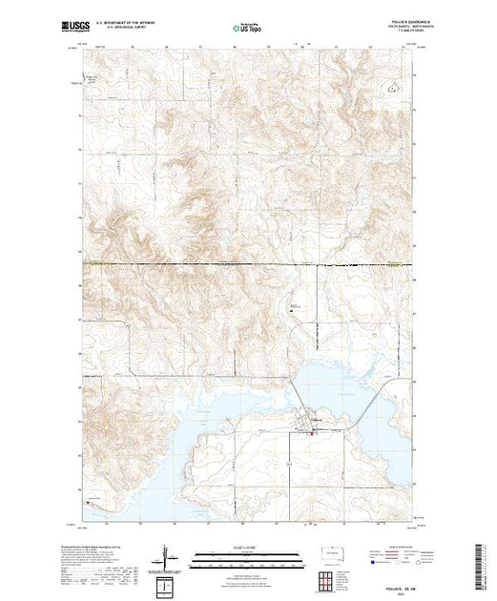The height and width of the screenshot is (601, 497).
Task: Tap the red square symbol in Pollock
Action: pyautogui.click(x=308, y=432)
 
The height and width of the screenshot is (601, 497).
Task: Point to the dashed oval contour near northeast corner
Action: pyautogui.click(x=390, y=85)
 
